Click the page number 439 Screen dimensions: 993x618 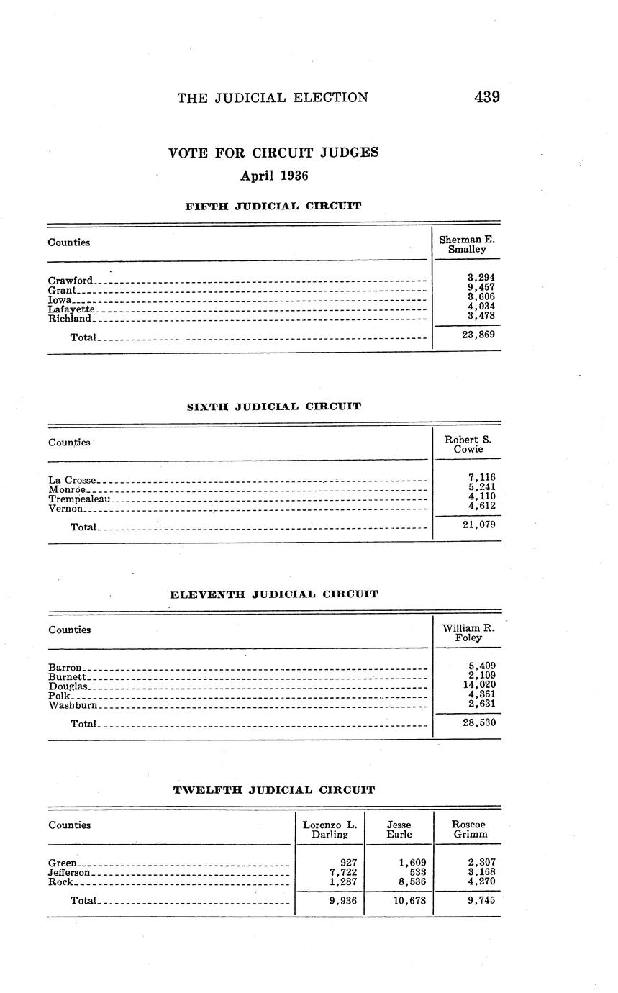pyautogui.click(x=486, y=97)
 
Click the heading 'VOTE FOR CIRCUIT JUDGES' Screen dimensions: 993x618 pyautogui.click(x=273, y=153)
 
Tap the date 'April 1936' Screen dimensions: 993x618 pyautogui.click(x=273, y=176)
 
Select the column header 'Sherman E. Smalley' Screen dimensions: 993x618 pyautogui.click(x=467, y=244)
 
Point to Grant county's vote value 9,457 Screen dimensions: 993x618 pyautogui.click(x=481, y=286)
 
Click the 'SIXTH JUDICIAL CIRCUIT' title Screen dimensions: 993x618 pyautogui.click(x=273, y=407)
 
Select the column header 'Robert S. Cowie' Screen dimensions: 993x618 pyautogui.click(x=468, y=444)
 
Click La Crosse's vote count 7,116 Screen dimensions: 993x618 pyautogui.click(x=481, y=477)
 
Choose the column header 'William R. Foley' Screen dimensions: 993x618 pyautogui.click(x=468, y=632)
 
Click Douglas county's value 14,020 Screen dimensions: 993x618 pyautogui.click(x=478, y=685)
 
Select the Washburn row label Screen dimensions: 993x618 pyautogui.click(x=73, y=705)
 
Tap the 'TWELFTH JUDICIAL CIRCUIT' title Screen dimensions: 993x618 pyautogui.click(x=273, y=790)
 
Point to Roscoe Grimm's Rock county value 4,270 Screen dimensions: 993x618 pyautogui.click(x=481, y=881)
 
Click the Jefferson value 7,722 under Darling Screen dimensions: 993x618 pyautogui.click(x=342, y=872)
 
